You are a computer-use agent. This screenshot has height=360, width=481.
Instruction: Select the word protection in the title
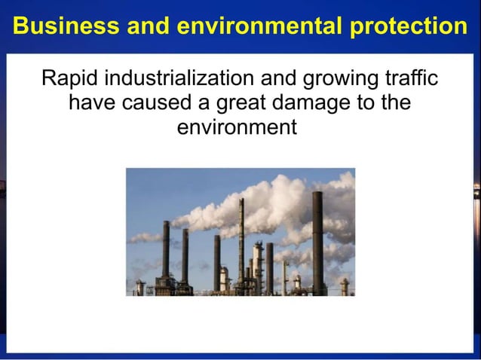(x=408, y=26)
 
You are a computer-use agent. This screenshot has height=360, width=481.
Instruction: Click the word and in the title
(x=146, y=26)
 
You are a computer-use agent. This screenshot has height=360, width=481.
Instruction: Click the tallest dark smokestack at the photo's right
(x=317, y=241)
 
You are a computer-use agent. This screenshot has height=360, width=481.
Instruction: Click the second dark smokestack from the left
(x=185, y=256)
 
